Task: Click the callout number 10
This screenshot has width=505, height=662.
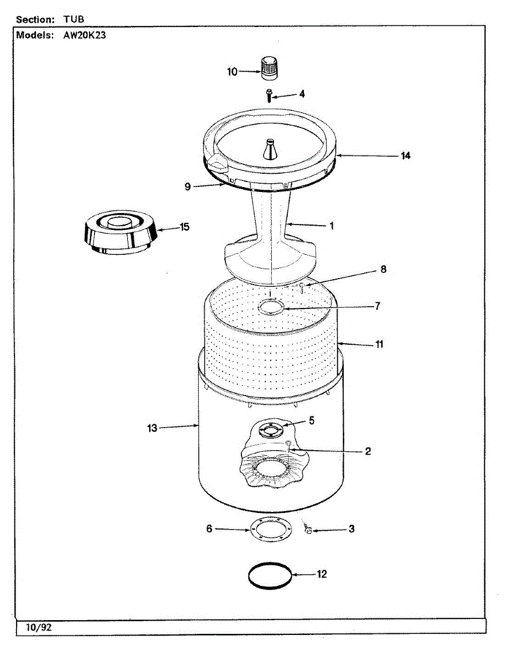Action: tap(232, 72)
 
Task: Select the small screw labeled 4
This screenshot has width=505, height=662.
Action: tap(269, 95)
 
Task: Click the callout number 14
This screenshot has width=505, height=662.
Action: tap(406, 156)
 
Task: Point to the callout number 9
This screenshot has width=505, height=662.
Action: tap(188, 186)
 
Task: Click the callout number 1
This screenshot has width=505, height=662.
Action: tap(332, 226)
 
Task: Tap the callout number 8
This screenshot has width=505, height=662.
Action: tap(383, 270)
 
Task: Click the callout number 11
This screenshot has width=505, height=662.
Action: tap(379, 345)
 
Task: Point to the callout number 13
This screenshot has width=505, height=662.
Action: tap(152, 428)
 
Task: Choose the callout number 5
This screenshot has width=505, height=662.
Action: tap(312, 421)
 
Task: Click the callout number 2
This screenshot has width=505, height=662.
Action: tap(367, 451)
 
